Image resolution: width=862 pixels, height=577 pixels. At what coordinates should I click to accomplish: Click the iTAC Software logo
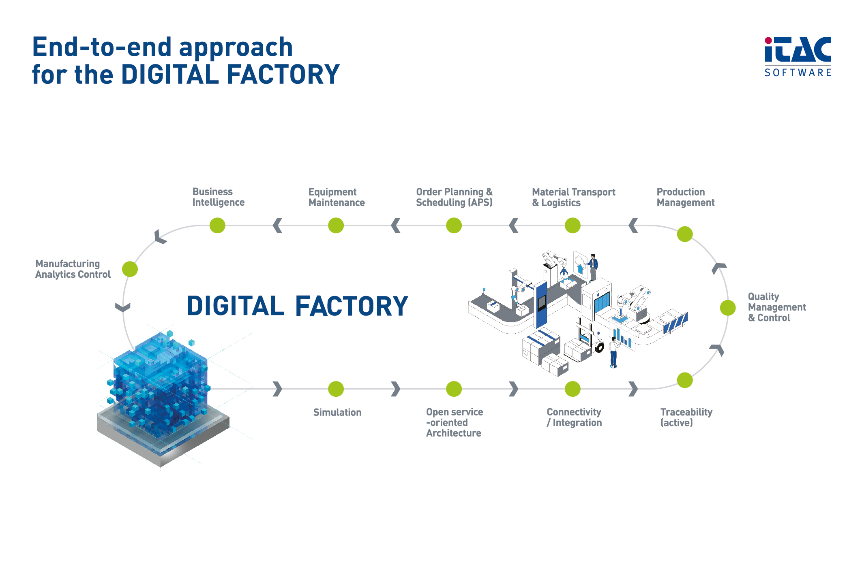[x=798, y=57]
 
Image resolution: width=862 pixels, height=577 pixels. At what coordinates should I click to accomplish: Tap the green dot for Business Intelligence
[x=217, y=226]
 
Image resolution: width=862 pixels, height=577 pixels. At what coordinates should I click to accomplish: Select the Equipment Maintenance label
[x=336, y=197]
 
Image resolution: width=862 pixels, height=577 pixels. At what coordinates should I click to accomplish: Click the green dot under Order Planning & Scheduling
[x=454, y=226]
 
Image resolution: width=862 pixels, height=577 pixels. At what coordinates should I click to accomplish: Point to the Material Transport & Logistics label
[x=573, y=197]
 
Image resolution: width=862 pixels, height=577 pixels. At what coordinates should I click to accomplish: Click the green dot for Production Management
[x=685, y=234]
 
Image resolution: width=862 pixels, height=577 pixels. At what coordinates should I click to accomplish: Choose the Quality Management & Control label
[x=776, y=307]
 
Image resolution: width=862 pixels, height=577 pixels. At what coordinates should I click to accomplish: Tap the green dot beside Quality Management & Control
[x=728, y=308]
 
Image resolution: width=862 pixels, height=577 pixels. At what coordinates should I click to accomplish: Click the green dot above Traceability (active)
[x=685, y=380]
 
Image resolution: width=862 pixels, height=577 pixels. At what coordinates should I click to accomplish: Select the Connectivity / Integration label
[x=574, y=417]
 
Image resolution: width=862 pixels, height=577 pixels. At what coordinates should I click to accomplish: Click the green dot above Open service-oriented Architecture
[x=454, y=389]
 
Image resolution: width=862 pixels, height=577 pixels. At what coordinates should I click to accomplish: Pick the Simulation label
[x=337, y=413]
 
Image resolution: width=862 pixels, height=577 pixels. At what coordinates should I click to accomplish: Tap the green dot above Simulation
[x=336, y=389]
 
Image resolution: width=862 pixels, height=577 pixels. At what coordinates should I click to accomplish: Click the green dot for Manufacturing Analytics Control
[x=130, y=269]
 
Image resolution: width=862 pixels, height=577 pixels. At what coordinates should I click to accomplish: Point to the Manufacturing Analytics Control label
[x=73, y=269]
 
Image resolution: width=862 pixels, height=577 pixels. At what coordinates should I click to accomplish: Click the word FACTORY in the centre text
[x=352, y=306]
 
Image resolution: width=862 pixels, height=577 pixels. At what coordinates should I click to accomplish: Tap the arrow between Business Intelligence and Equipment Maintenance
[x=277, y=226]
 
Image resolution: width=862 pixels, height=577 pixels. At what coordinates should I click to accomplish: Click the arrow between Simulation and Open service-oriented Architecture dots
[x=396, y=389]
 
